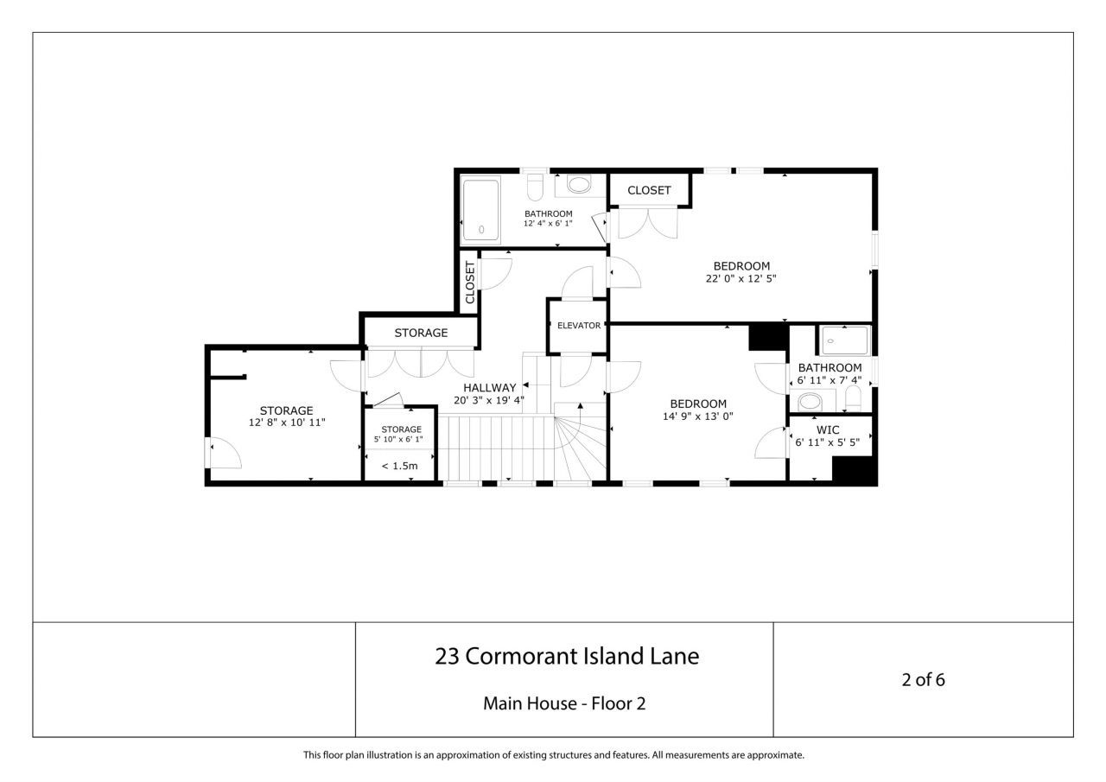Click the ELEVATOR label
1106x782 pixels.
[578, 326]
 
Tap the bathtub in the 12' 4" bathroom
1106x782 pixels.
[480, 210]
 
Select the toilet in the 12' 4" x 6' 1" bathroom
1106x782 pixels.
[536, 187]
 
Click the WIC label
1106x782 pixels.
[828, 429]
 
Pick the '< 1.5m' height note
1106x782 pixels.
[399, 467]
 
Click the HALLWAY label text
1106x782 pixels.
[489, 388]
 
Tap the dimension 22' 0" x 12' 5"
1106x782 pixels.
[741, 278]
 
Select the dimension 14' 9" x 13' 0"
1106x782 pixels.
[698, 416]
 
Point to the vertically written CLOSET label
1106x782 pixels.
[470, 283]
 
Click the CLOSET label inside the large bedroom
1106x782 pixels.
[649, 190]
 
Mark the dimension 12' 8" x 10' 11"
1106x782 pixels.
[286, 423]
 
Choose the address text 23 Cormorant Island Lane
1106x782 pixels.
[566, 657]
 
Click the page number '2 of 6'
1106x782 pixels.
[923, 679]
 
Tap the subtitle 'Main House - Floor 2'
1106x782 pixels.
[564, 703]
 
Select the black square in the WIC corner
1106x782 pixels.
[853, 469]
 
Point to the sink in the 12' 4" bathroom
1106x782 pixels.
[578, 184]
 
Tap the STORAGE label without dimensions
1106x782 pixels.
[421, 333]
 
